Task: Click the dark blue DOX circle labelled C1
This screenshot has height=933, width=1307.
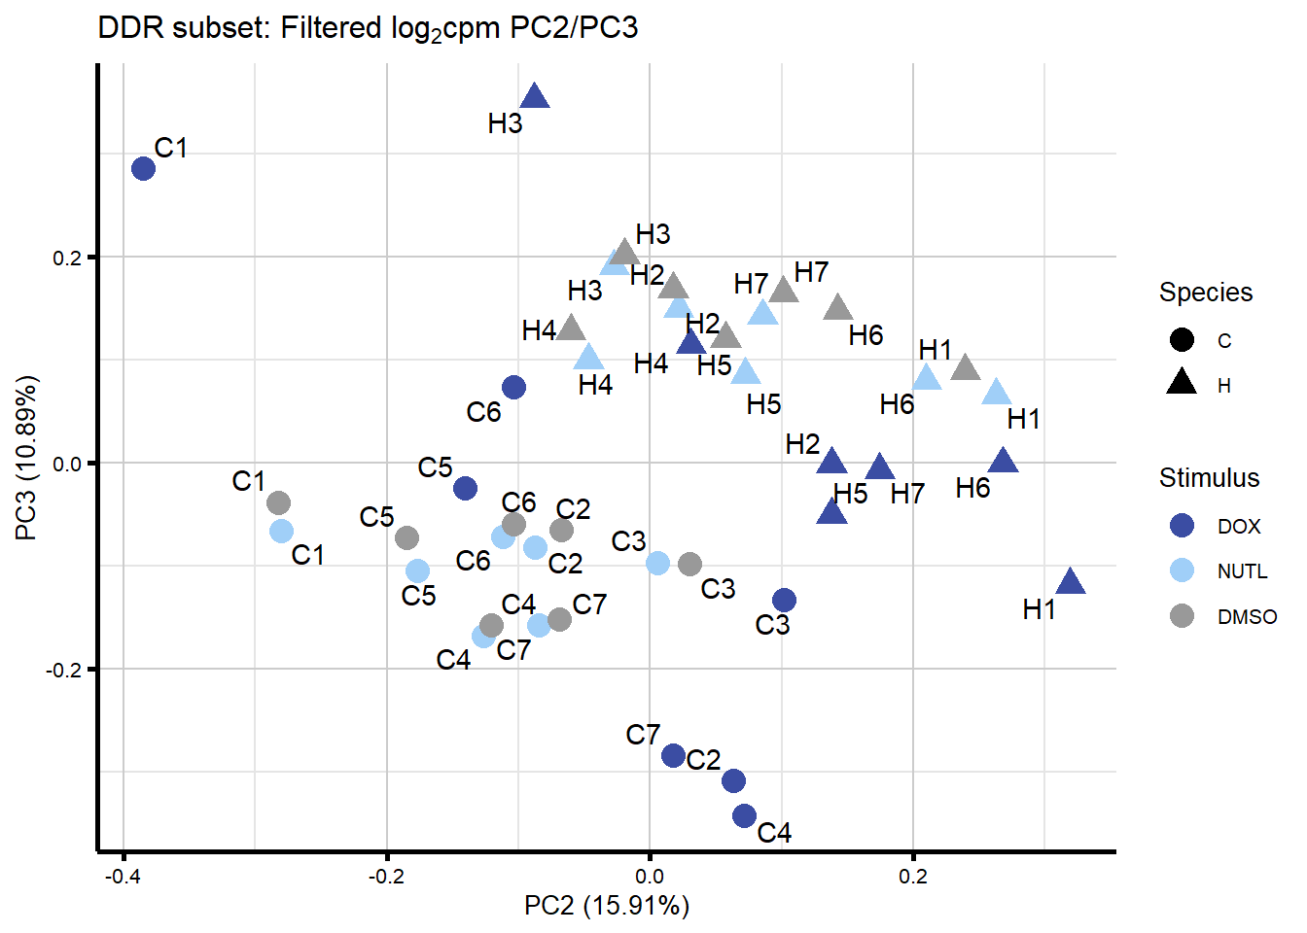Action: point(143,169)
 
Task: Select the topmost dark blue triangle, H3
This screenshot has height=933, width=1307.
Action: point(535,96)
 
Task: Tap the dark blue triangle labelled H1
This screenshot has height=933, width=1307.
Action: point(1070,582)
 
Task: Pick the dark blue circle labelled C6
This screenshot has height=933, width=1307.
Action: point(513,388)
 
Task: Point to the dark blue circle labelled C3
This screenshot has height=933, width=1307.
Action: point(784,601)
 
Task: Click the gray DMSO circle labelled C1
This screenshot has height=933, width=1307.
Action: point(279,503)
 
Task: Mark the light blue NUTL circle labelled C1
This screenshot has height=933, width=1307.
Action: point(281,532)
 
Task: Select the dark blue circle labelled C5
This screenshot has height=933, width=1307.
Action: point(465,488)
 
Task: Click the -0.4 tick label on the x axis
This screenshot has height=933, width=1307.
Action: point(123,877)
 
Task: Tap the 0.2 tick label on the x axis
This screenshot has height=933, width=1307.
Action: point(912,877)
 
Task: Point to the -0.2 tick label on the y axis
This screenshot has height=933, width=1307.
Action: point(64,670)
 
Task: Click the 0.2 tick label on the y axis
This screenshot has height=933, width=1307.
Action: point(68,258)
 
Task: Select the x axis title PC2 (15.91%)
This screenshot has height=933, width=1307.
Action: point(607,906)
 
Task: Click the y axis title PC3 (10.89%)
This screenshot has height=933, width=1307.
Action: point(27,457)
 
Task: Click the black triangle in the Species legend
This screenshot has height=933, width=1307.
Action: point(1182,383)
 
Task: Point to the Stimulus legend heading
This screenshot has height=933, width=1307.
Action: point(1209,477)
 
